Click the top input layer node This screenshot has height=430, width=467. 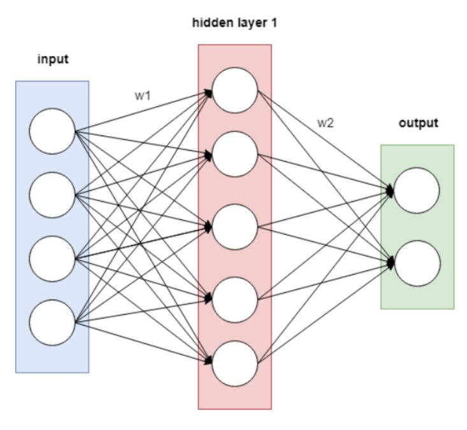click(x=52, y=131)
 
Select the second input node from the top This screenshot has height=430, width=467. click(x=52, y=195)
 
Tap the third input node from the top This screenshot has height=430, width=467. click(x=52, y=259)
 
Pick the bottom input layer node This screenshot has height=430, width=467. click(x=52, y=322)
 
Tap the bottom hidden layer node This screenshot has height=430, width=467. click(x=234, y=363)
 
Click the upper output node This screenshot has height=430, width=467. click(x=417, y=190)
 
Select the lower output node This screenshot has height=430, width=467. click(x=417, y=261)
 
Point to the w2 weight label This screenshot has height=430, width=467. click(x=326, y=123)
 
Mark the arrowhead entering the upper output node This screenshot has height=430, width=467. click(x=390, y=190)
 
